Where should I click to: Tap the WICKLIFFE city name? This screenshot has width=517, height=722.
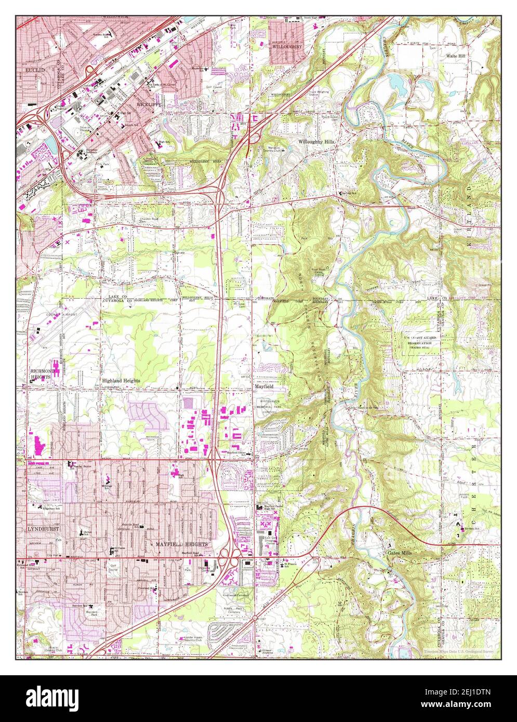coord(149,104)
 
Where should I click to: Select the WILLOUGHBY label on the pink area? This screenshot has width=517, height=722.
coord(287,46)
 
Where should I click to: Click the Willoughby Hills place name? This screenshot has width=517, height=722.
coord(316,141)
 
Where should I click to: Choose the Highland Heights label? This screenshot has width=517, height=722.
coord(121,380)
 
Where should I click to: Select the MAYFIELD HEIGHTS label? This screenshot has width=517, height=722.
coord(181,543)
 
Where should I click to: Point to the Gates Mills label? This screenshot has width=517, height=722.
coord(400,553)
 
